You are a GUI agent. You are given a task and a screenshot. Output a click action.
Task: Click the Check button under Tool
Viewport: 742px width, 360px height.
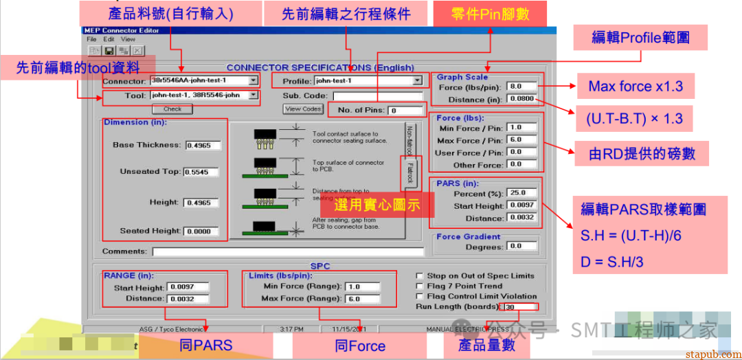click(172, 109)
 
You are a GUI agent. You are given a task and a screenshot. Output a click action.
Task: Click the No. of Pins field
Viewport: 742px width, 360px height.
click(405, 110)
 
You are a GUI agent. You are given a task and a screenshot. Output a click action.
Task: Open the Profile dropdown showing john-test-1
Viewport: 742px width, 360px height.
click(416, 81)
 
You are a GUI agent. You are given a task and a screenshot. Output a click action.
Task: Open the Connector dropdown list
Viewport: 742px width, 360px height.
click(254, 81)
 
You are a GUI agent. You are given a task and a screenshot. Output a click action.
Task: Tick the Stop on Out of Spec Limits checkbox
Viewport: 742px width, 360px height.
click(419, 275)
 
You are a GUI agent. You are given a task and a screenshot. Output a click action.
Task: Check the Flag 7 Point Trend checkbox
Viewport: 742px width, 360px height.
click(419, 286)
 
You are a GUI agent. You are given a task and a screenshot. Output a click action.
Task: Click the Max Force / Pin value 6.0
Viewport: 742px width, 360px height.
click(522, 140)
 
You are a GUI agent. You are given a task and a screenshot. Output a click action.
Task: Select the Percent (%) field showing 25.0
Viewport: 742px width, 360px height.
click(522, 193)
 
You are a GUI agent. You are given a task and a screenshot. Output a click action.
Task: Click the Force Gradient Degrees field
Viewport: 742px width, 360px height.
click(522, 246)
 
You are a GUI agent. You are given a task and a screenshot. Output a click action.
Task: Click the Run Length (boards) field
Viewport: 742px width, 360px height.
click(520, 306)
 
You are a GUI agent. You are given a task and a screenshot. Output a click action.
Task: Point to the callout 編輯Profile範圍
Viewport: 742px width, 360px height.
click(640, 37)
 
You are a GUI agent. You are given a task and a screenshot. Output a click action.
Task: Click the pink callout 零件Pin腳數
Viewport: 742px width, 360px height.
click(490, 14)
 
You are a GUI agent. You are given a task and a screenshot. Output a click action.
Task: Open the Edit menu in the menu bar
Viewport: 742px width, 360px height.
click(109, 39)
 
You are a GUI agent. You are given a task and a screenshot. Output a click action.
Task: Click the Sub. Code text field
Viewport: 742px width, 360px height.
click(377, 95)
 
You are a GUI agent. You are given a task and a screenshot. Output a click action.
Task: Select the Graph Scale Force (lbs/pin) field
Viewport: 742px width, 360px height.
click(522, 87)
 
